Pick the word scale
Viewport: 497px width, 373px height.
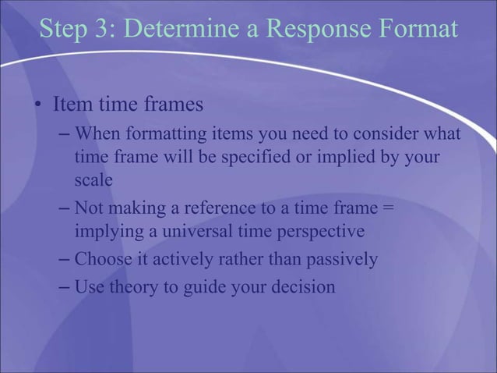coord(93,179)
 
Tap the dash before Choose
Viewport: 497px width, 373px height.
coord(65,259)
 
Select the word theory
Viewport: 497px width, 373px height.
coord(131,287)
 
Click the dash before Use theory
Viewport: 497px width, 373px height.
coord(65,287)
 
